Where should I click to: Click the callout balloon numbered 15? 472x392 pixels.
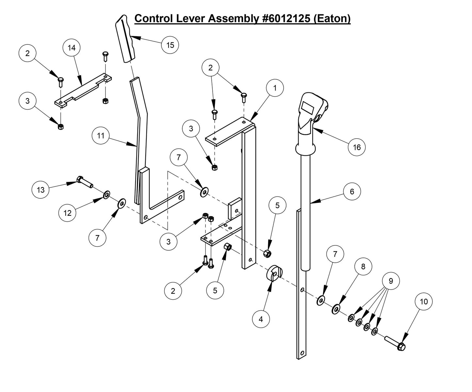170,45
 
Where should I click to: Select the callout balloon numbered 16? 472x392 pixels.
357,147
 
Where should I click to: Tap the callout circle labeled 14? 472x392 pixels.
71,48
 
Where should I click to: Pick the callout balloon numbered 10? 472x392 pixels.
424,302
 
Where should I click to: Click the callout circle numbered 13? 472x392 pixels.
41,190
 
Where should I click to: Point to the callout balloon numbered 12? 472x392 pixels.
67,213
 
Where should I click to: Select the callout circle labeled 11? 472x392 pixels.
101,135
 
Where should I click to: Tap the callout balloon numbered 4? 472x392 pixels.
261,319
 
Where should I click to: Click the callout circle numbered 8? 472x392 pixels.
363,267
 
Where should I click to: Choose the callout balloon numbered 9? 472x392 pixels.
391,281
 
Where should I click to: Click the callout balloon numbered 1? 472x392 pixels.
275,88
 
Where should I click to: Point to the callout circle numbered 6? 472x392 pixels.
352,191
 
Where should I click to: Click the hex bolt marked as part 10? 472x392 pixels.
396,344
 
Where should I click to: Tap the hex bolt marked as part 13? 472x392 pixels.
85,181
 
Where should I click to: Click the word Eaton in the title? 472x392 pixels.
331,19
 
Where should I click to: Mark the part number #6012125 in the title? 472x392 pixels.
286,19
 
